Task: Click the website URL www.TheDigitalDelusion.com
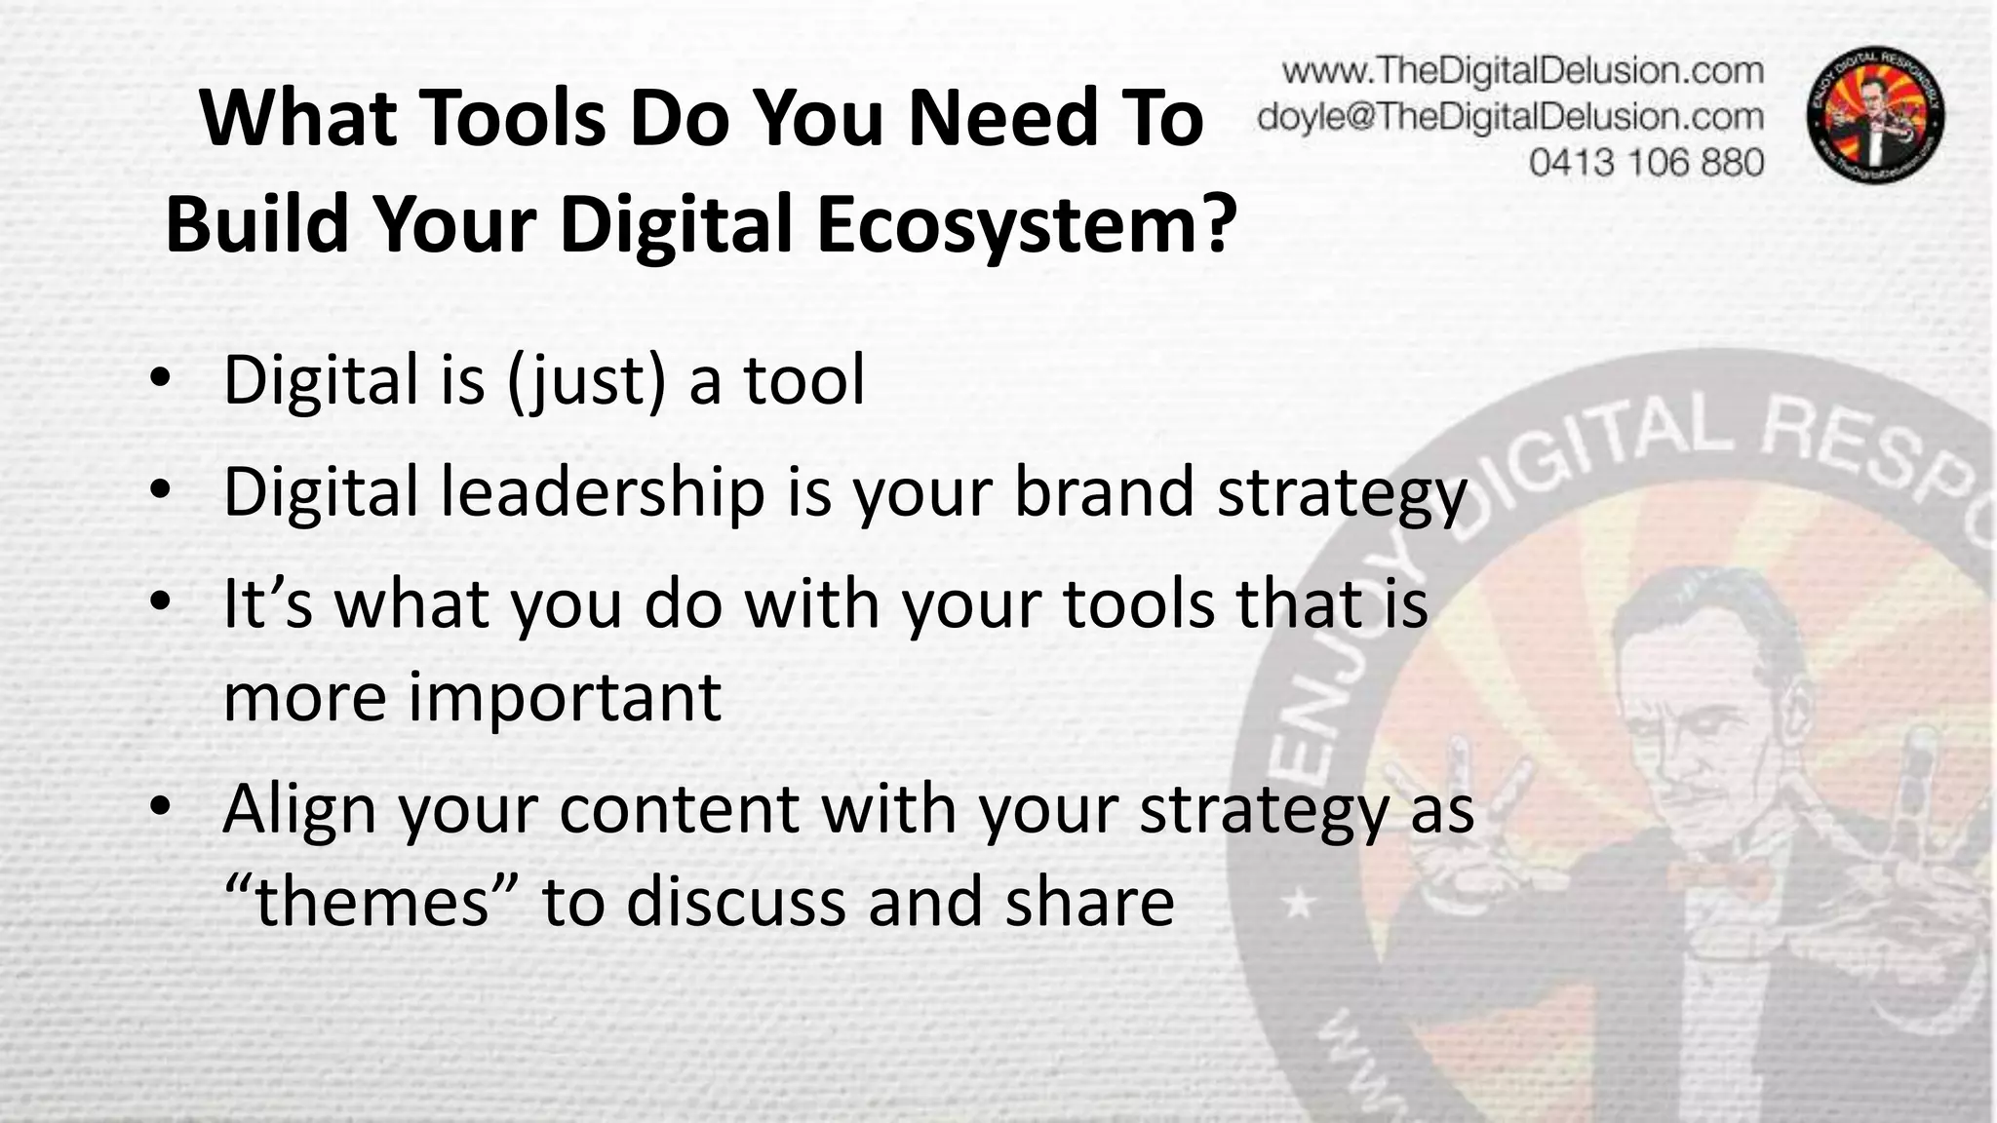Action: click(1522, 71)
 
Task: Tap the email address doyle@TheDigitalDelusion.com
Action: click(1510, 117)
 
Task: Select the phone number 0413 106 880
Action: click(1646, 162)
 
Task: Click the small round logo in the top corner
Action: click(1876, 115)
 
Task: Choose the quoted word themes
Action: click(372, 901)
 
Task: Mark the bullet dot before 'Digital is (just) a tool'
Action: click(161, 381)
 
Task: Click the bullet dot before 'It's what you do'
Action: click(161, 604)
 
